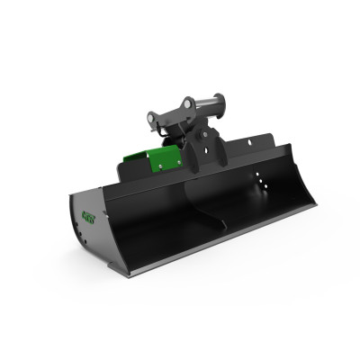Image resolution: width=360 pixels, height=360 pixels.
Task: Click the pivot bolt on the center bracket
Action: coord(204,134)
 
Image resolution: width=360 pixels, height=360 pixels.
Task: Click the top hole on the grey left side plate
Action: coord(80,227)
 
